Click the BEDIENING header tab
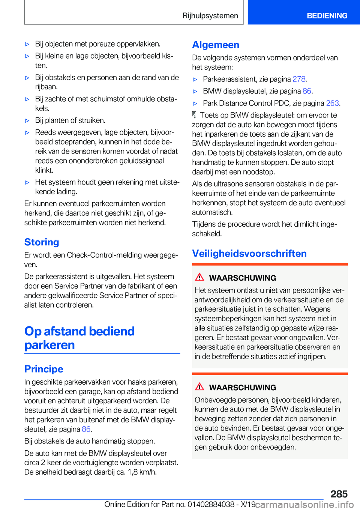[327, 16]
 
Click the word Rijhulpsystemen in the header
[210, 16]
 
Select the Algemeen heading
[216, 45]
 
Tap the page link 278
[299, 79]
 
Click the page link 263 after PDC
[332, 103]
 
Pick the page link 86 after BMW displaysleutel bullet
[307, 91]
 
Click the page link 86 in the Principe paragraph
[86, 429]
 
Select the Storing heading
[42, 242]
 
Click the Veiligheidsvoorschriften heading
[249, 254]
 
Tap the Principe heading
[43, 369]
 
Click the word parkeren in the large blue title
[49, 345]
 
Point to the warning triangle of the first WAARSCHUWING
[199, 277]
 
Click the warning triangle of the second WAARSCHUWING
[199, 387]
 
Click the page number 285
[339, 494]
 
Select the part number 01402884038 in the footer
[211, 505]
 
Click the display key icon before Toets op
[194, 115]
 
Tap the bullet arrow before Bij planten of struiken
[27, 121]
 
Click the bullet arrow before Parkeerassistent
[195, 80]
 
